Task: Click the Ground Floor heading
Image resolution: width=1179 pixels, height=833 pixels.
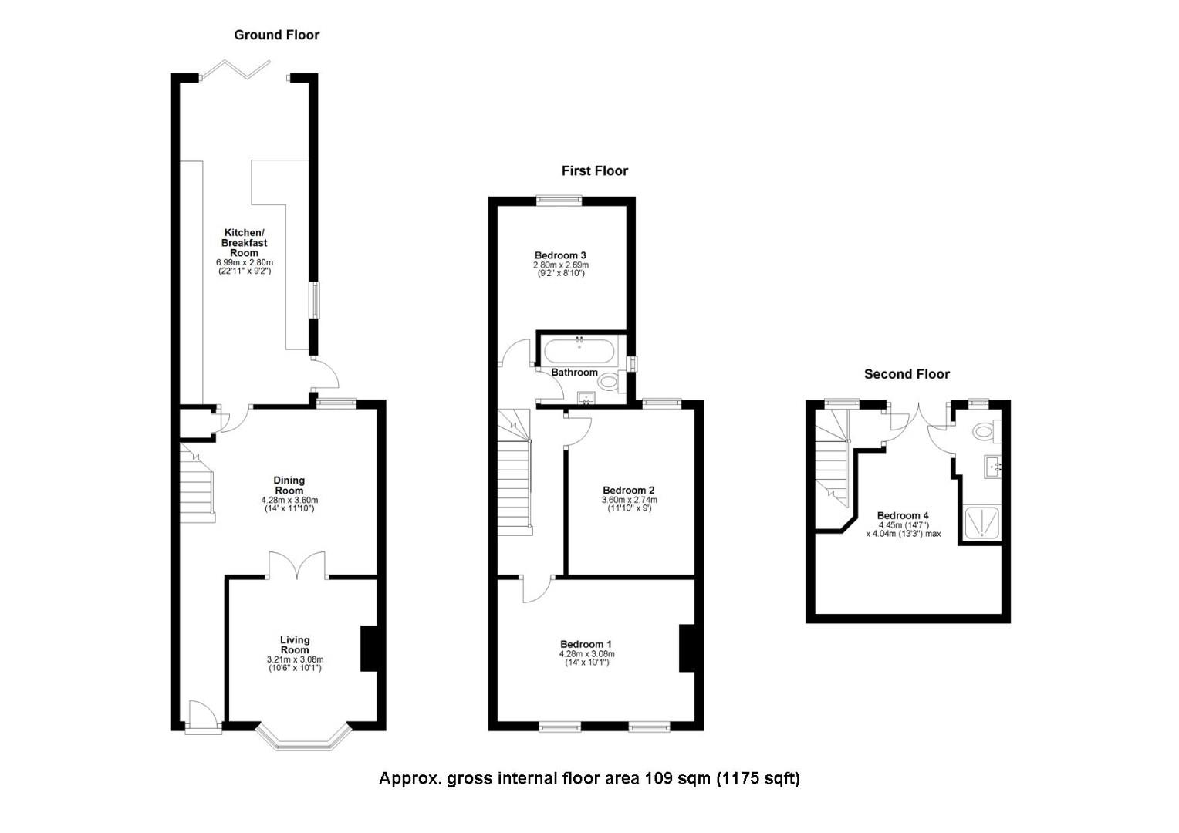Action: tap(276, 35)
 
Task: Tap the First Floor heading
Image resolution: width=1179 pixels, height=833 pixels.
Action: tap(594, 171)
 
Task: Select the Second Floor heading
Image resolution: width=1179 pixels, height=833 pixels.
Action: tap(907, 374)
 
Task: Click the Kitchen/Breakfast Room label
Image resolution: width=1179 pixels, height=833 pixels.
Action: tap(245, 243)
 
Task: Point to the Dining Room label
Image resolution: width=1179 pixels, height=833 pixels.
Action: tap(289, 484)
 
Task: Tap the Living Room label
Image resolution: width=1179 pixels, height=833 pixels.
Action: tap(295, 645)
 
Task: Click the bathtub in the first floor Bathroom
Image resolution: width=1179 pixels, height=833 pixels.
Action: tap(579, 352)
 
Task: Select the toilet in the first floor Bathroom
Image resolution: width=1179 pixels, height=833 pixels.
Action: tap(612, 382)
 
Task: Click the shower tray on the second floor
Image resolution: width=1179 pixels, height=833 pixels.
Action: tap(982, 522)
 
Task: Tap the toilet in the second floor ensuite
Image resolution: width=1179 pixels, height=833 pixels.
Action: tap(985, 431)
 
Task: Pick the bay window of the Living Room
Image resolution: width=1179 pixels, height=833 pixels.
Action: tap(303, 738)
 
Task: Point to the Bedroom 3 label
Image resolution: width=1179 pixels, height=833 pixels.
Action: tap(560, 255)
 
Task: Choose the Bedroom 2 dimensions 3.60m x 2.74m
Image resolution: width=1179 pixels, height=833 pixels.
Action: tap(629, 500)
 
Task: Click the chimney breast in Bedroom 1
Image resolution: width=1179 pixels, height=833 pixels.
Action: tap(687, 648)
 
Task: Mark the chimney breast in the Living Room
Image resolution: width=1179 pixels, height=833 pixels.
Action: tap(369, 648)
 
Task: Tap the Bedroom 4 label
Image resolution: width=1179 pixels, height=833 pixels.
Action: tap(903, 516)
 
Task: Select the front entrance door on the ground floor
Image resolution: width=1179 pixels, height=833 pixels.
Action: tap(203, 716)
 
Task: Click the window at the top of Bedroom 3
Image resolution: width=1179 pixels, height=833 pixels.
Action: tap(559, 200)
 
